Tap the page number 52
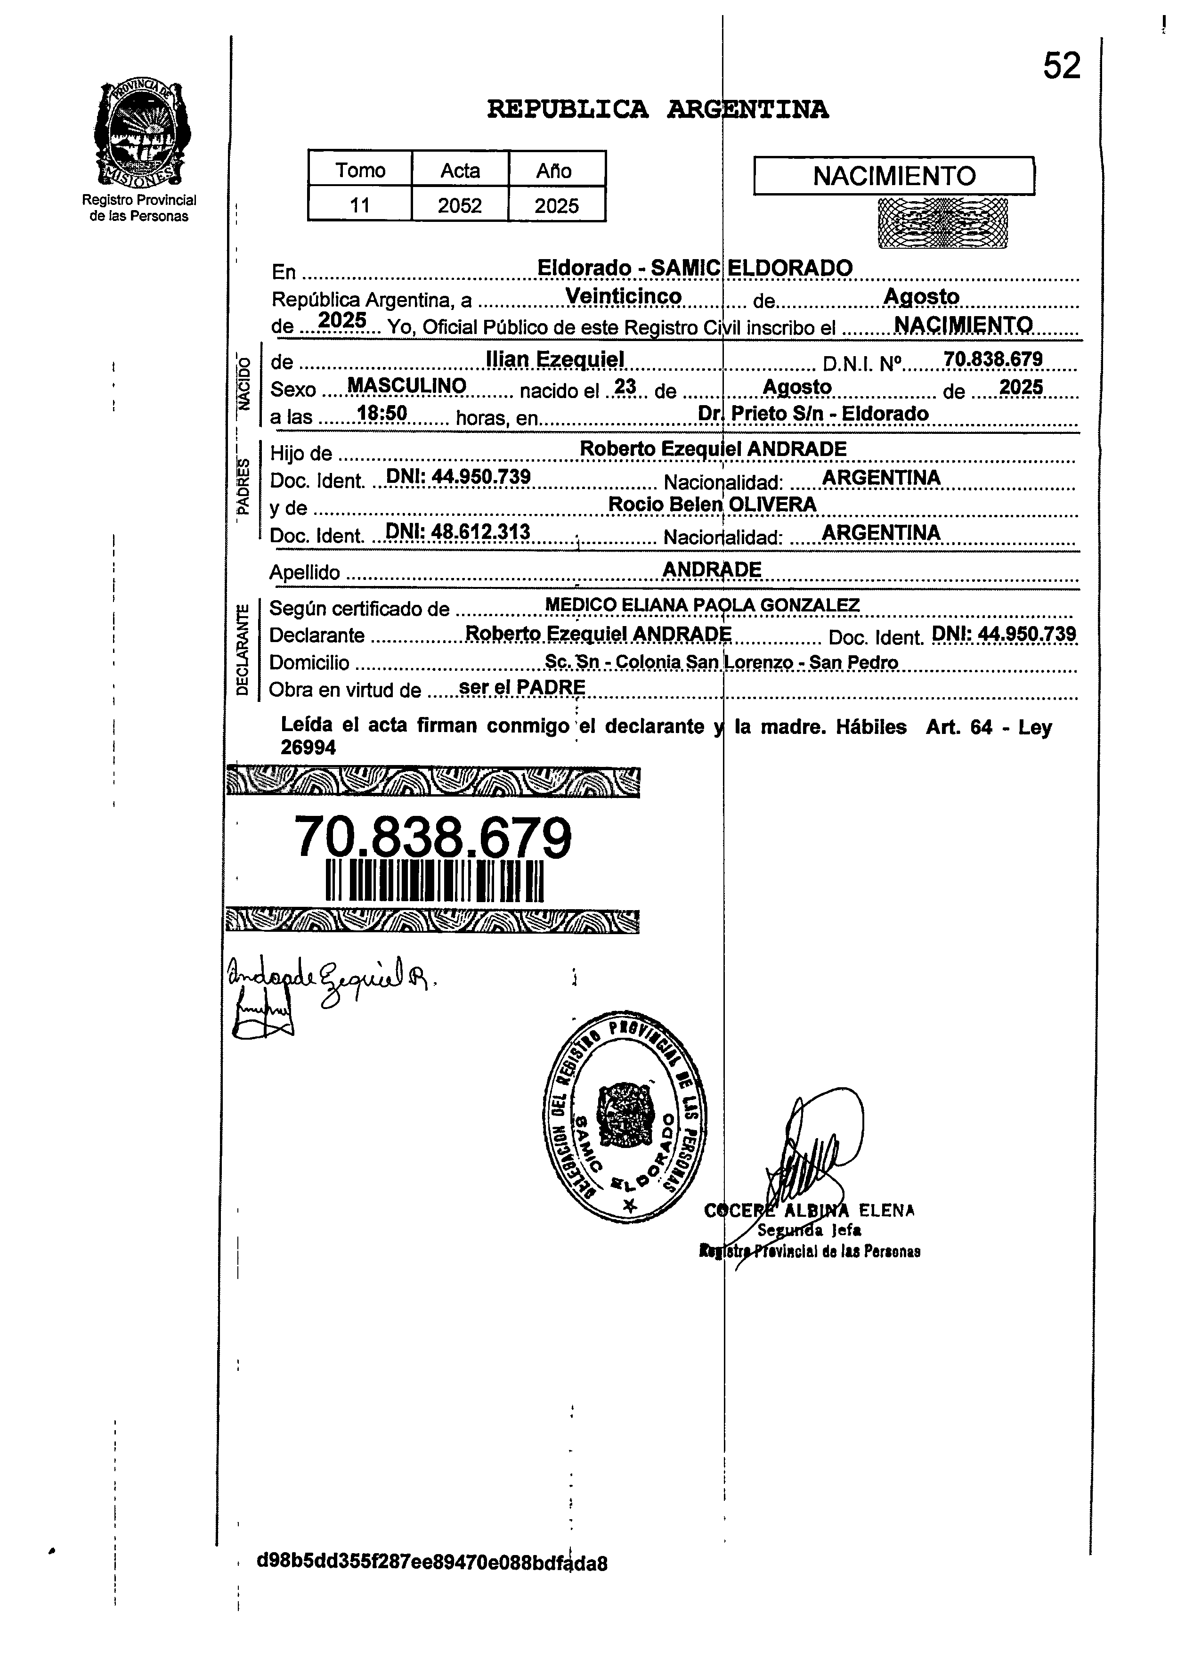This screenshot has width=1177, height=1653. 1061,67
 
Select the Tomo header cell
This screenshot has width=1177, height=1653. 360,171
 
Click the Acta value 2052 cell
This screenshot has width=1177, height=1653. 460,206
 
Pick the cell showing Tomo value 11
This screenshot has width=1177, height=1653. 360,206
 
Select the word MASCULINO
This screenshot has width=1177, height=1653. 406,386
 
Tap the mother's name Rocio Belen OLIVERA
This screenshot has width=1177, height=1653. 712,505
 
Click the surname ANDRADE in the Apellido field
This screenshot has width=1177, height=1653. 712,570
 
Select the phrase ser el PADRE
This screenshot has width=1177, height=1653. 522,687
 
